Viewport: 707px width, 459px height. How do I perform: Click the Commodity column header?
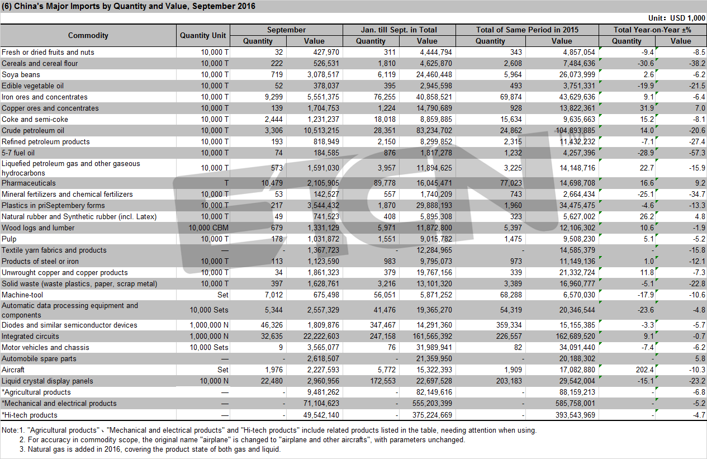tap(88, 35)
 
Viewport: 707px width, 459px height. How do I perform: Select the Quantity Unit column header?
tap(203, 35)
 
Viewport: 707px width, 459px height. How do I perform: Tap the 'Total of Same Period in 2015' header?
tap(527, 30)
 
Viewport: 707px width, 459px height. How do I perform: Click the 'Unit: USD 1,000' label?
tap(676, 18)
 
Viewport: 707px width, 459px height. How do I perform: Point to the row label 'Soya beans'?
tap(21, 74)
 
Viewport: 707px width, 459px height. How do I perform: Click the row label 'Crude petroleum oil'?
tap(33, 130)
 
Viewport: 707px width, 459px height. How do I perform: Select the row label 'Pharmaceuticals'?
tap(29, 183)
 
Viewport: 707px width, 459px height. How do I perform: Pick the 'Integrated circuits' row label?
tap(30, 336)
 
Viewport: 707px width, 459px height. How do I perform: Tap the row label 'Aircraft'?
tap(13, 370)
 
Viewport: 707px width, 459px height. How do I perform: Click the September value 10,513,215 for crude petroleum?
tap(321, 130)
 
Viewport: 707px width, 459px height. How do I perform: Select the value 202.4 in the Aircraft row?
tap(644, 370)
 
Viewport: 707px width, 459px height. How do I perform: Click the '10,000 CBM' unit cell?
tap(208, 228)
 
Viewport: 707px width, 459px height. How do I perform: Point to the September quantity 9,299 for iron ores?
tap(274, 97)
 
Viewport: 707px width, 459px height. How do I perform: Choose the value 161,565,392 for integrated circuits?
tap(432, 336)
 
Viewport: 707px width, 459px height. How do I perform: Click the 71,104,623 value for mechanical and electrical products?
tap(321, 403)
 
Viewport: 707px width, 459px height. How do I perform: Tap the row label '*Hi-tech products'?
tap(30, 415)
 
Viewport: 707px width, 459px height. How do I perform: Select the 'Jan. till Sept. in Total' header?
tap(399, 30)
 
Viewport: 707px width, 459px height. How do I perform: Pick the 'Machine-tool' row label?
tap(22, 295)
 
